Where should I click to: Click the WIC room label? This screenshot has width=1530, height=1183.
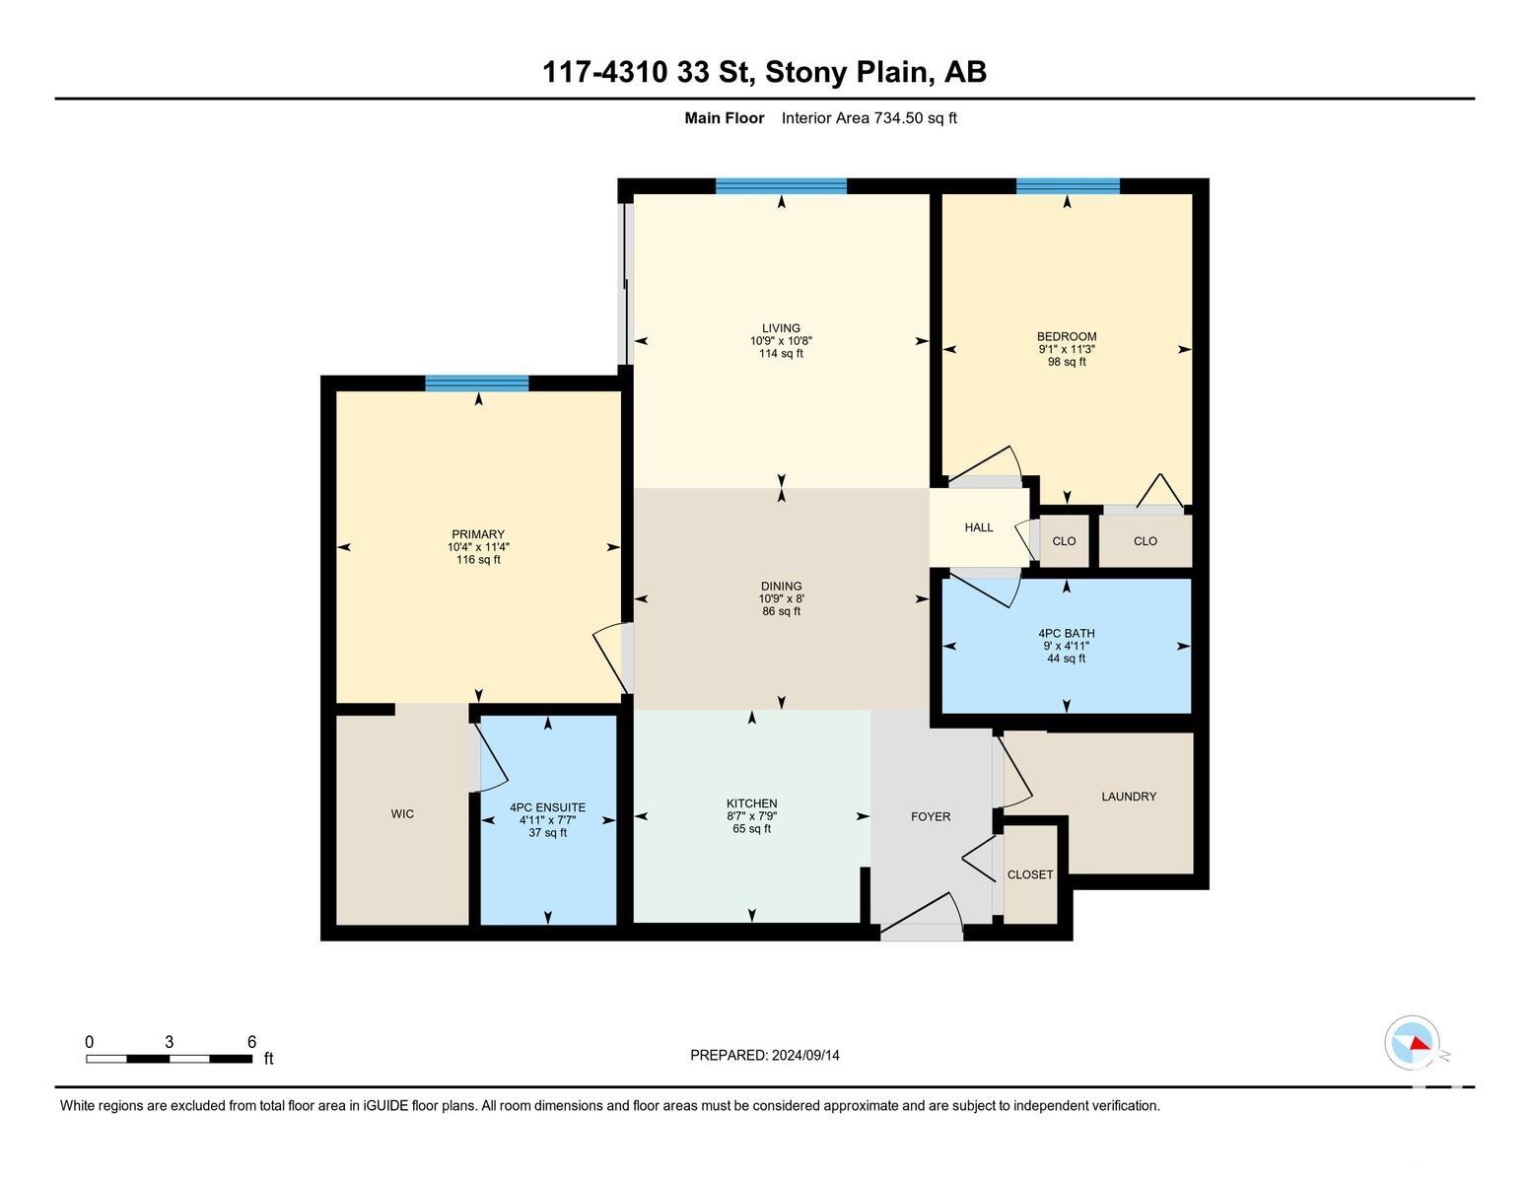(402, 814)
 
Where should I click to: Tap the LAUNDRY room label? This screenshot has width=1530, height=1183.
(1129, 797)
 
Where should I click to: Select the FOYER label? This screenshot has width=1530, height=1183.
(931, 817)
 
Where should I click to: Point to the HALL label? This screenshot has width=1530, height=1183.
(979, 527)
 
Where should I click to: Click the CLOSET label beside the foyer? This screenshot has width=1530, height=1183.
(1030, 874)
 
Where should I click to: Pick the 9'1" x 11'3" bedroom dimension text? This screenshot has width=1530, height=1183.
(1067, 349)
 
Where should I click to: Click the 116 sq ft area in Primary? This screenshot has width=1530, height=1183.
(478, 560)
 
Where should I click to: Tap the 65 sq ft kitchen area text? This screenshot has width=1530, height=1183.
(752, 829)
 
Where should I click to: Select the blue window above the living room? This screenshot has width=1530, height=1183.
(781, 185)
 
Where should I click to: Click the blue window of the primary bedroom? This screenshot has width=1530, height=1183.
(477, 383)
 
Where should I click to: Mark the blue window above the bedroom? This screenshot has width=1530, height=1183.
(1068, 185)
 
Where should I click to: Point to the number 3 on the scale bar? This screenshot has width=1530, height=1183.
(169, 1042)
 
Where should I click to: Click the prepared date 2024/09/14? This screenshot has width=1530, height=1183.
(805, 1056)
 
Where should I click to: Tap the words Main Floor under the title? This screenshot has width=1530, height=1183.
(724, 118)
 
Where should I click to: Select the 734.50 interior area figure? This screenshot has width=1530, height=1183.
(898, 118)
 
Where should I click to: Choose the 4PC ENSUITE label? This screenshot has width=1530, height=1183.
(548, 807)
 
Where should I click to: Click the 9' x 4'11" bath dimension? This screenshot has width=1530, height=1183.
(1066, 646)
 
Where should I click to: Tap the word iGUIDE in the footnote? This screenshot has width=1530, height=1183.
(385, 1105)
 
